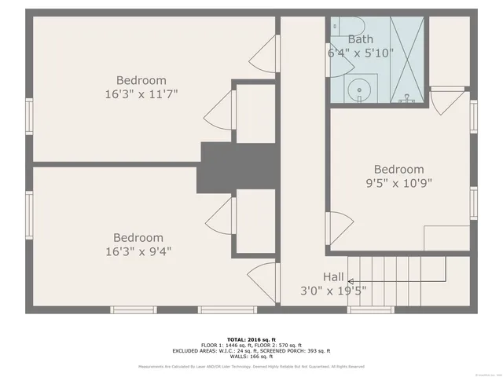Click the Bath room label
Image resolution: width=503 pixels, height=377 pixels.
pyautogui.click(x=361, y=39)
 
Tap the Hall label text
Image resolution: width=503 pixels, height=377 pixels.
pyautogui.click(x=333, y=277)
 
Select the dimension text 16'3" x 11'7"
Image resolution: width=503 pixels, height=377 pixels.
pyautogui.click(x=141, y=94)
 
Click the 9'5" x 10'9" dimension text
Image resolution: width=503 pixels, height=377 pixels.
pyautogui.click(x=398, y=183)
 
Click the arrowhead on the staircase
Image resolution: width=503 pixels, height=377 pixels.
pyautogui.click(x=351, y=280)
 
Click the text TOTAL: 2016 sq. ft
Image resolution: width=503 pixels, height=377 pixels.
pyautogui.click(x=251, y=339)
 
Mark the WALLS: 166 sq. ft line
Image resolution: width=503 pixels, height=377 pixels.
pyautogui.click(x=251, y=357)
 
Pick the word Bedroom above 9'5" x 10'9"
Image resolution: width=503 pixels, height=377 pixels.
pyautogui.click(x=398, y=169)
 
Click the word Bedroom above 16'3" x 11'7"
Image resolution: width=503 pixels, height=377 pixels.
pyautogui.click(x=141, y=80)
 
